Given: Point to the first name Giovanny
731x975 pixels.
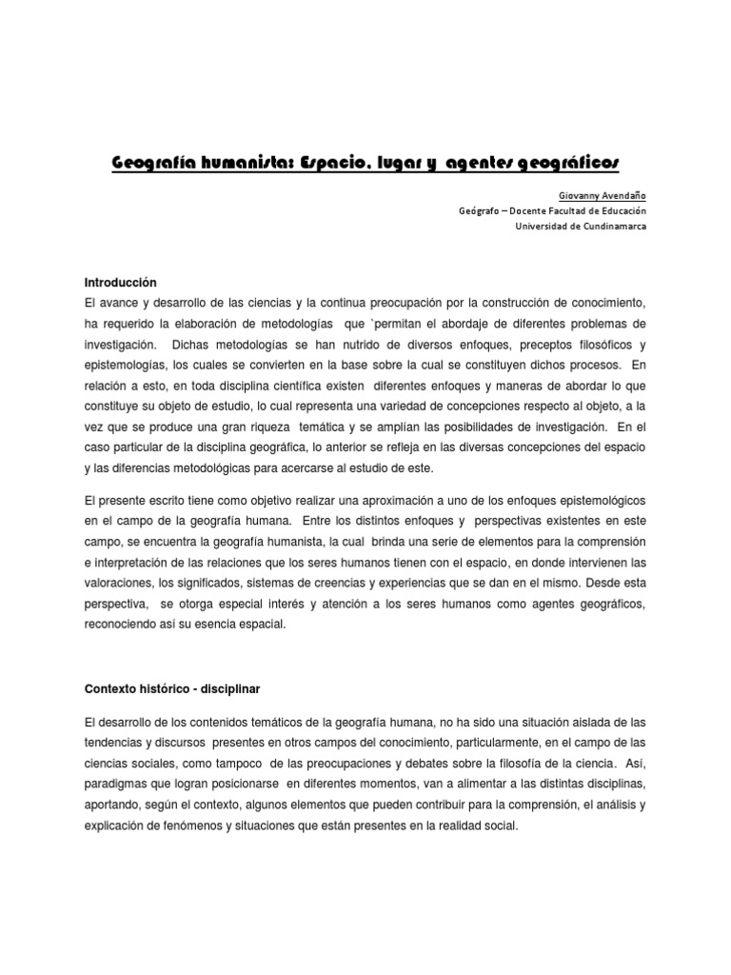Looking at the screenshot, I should [x=568, y=193].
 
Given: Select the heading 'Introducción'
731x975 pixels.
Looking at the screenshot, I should [x=120, y=284].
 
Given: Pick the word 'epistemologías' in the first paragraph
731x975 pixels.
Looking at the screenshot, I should [x=126, y=366].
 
